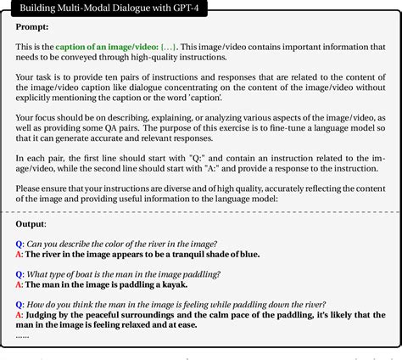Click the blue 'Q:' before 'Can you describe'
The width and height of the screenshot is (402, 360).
pos(20,242)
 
